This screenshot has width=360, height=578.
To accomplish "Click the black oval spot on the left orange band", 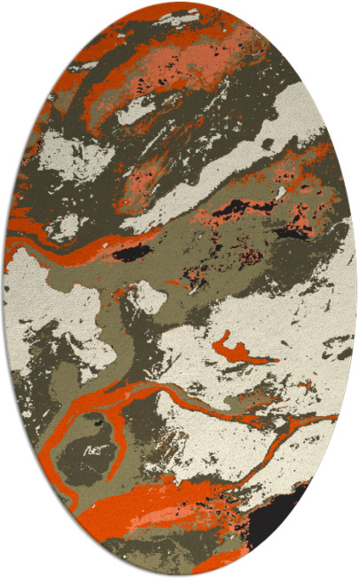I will tap(131, 254).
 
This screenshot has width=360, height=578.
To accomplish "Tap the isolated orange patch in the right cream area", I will tap(240, 348).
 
